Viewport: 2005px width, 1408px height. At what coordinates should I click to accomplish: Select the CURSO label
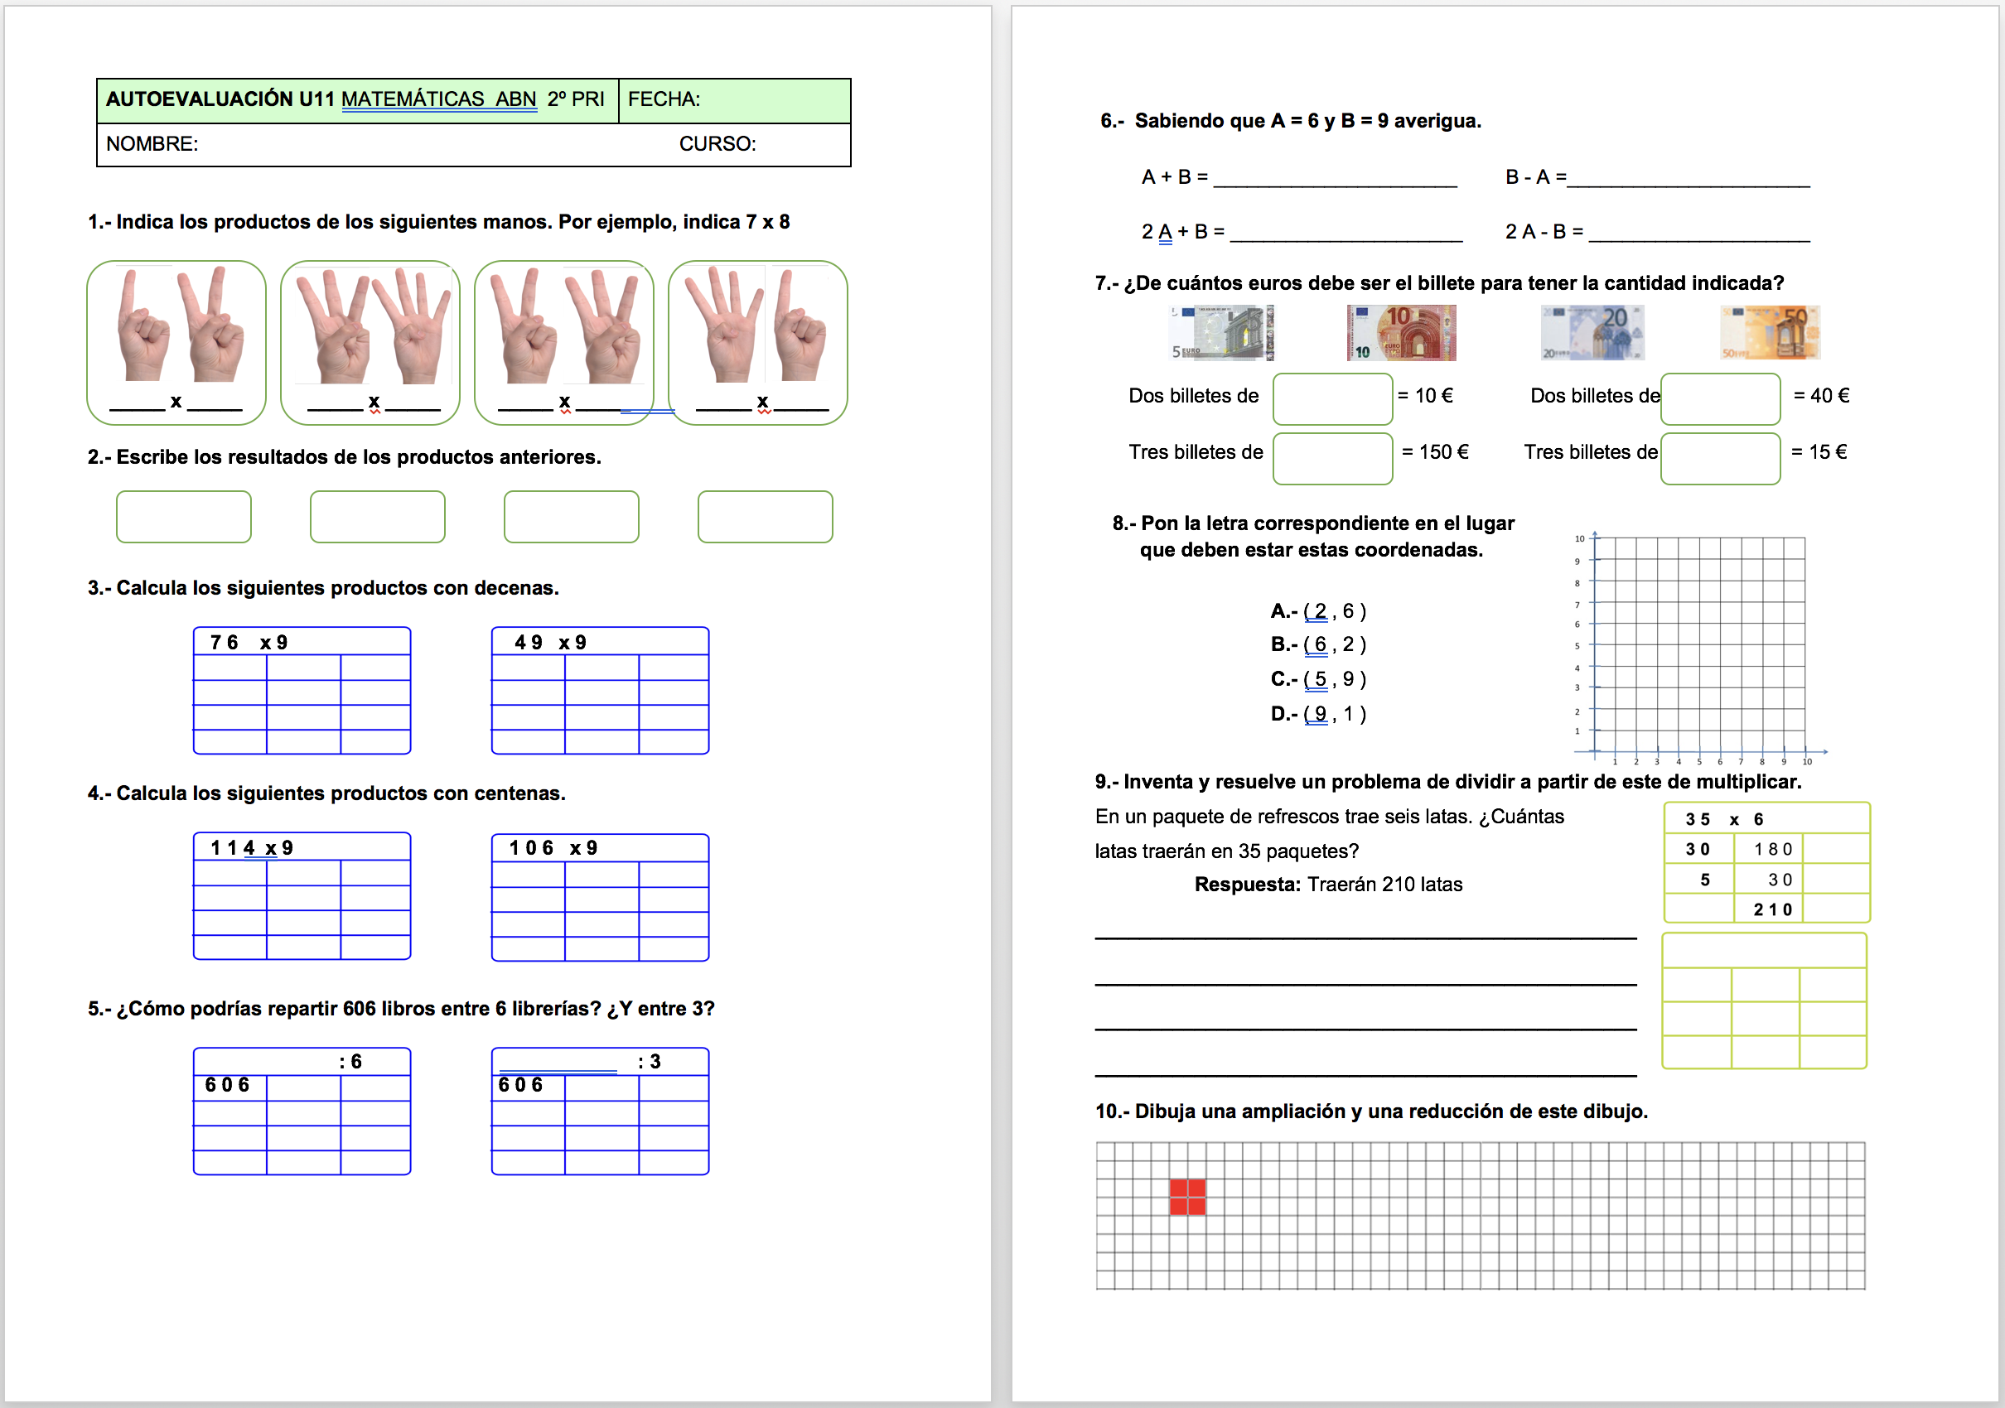[717, 144]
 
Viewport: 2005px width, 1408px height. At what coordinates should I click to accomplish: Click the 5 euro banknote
[1222, 333]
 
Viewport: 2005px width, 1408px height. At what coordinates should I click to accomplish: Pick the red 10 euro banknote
[1401, 333]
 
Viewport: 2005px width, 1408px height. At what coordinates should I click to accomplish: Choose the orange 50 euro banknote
[1770, 333]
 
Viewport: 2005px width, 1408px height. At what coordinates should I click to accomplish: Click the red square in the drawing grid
[1187, 1197]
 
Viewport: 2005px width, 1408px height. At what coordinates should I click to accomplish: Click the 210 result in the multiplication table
[1773, 909]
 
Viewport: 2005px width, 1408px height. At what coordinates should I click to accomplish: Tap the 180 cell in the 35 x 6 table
[1773, 849]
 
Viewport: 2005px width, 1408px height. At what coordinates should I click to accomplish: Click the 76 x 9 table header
[249, 643]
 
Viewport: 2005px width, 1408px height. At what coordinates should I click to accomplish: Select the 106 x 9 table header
[553, 847]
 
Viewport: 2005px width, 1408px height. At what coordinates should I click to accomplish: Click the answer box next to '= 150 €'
[1332, 458]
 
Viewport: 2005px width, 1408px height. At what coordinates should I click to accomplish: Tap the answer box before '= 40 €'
[1720, 399]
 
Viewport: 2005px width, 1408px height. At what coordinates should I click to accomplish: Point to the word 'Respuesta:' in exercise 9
[1248, 885]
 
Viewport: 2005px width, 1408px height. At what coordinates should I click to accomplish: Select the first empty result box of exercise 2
[183, 517]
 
